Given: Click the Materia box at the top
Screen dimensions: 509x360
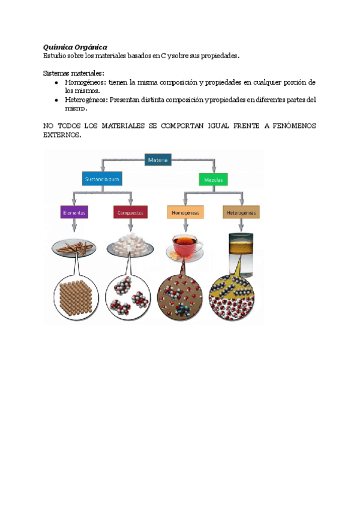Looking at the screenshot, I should [x=158, y=160].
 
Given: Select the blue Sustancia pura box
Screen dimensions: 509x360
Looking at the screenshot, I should [x=102, y=178].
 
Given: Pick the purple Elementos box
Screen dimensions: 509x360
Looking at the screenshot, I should [x=74, y=212].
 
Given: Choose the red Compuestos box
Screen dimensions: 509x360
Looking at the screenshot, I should [x=130, y=212].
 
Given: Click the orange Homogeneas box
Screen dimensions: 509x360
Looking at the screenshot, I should [x=185, y=212].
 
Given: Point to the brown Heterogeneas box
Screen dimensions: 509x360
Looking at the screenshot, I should [x=241, y=212].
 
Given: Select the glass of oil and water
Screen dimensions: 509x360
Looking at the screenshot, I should [x=241, y=247].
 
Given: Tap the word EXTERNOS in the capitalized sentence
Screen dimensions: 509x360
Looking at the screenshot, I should [x=62, y=136].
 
